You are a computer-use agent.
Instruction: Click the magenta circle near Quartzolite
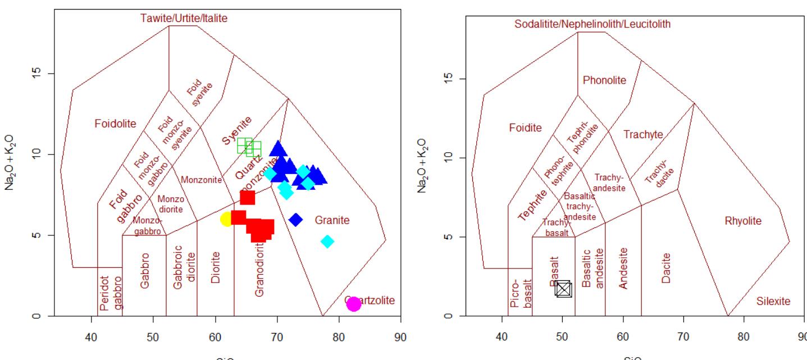353,304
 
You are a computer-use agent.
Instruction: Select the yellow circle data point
227,219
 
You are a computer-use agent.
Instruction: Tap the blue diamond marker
296,220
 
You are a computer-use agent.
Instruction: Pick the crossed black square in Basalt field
563,289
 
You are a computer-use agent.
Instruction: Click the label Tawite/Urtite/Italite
184,19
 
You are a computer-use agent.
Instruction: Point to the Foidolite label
115,124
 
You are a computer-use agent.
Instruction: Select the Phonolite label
604,80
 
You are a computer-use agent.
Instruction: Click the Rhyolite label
743,221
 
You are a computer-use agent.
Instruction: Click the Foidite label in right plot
525,127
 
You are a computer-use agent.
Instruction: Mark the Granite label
332,220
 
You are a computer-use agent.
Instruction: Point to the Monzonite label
202,180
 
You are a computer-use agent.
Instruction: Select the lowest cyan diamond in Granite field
327,241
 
